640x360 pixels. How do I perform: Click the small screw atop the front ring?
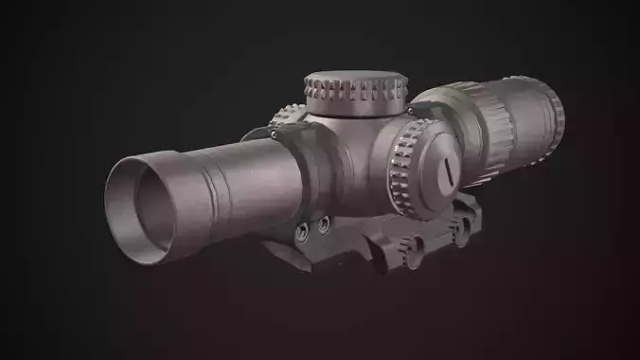[x=289, y=120]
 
